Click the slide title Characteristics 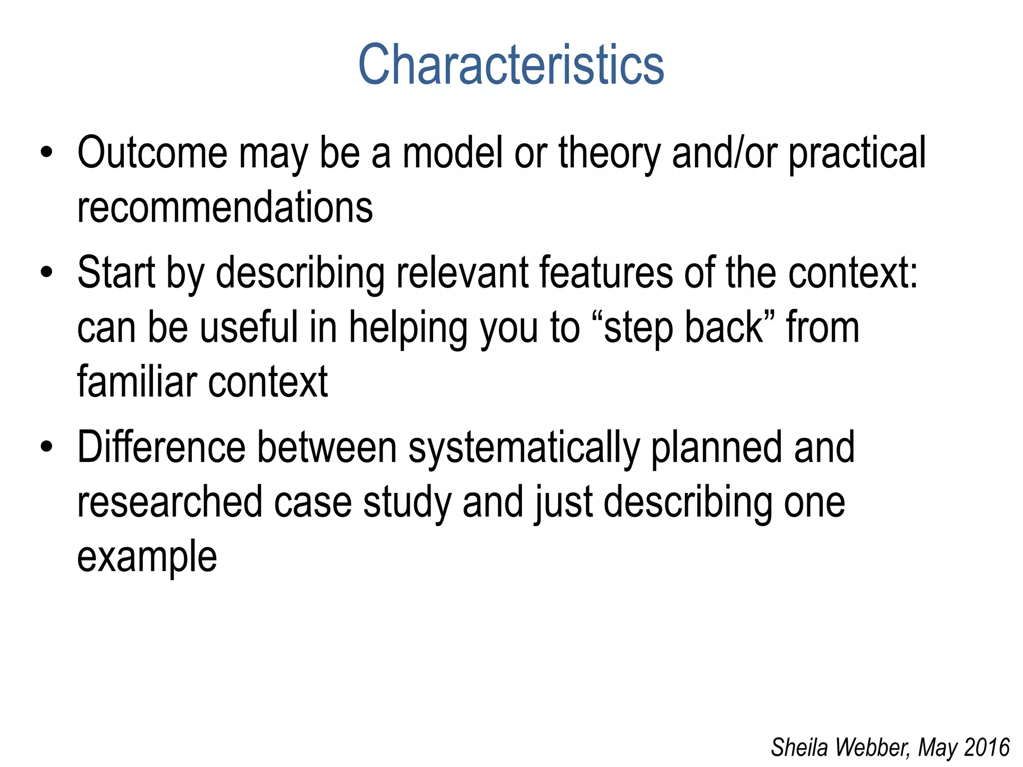click(511, 65)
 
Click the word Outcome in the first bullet click(152, 153)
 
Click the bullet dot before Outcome click(46, 153)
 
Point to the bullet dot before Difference click(46, 447)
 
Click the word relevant click(462, 273)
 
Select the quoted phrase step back click(684, 328)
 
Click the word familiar click(137, 382)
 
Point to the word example click(147, 557)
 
